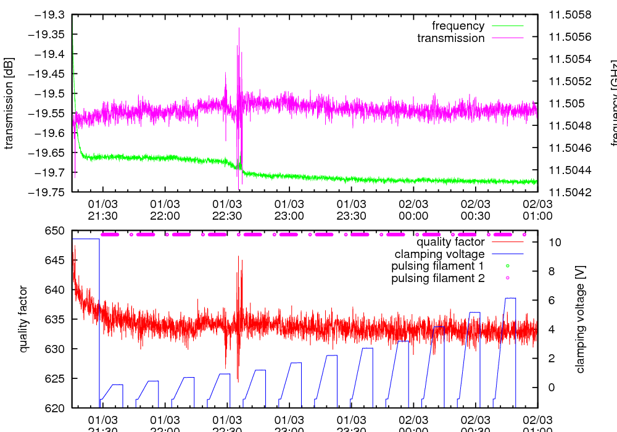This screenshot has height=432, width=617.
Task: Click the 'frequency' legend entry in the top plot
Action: click(x=458, y=26)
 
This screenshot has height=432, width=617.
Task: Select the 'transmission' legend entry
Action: click(x=451, y=38)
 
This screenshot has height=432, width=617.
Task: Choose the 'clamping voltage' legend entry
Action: click(x=440, y=254)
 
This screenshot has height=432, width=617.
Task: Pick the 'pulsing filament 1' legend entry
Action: click(x=438, y=266)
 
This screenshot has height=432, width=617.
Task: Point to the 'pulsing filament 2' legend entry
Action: click(x=438, y=278)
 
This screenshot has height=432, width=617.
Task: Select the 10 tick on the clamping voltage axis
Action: click(x=553, y=243)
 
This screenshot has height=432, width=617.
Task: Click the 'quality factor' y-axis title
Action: click(x=24, y=319)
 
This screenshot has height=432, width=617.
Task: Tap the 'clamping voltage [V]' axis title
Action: click(x=580, y=319)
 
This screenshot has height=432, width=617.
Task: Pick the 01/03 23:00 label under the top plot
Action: click(x=289, y=209)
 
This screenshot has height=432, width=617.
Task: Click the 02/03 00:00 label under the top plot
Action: click(x=413, y=209)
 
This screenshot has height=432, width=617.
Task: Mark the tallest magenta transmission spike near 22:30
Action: click(x=239, y=28)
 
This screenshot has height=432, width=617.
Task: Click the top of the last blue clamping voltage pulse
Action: click(x=510, y=298)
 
